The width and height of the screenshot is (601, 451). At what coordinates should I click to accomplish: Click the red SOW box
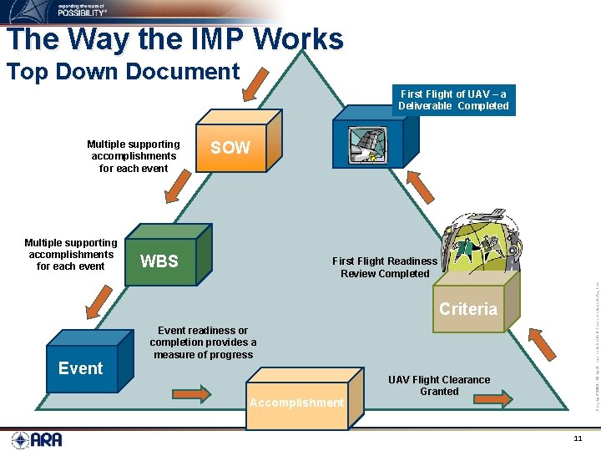[230, 148]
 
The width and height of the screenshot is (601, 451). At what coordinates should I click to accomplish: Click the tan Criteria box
[468, 308]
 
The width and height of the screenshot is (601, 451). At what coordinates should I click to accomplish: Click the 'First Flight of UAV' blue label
[453, 100]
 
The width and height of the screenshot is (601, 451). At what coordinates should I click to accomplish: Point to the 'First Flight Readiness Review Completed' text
[385, 267]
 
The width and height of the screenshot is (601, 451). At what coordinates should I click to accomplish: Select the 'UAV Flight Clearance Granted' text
[439, 385]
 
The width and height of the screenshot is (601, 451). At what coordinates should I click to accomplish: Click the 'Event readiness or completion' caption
[203, 342]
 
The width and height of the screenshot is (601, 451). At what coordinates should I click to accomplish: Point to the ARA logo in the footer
[37, 438]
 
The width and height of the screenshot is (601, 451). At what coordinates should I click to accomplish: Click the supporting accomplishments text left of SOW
[134, 156]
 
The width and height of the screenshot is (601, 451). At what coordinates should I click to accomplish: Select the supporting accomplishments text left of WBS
[71, 255]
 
